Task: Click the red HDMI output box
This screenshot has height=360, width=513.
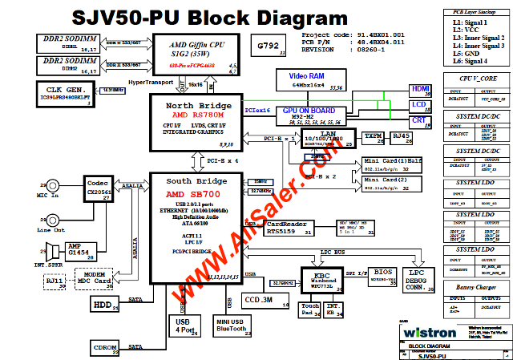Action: [419, 91]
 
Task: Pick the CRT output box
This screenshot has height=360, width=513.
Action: [419, 121]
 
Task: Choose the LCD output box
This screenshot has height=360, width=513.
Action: [419, 106]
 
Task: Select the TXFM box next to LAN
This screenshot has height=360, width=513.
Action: [373, 138]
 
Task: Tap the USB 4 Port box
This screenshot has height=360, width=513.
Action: [184, 323]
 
